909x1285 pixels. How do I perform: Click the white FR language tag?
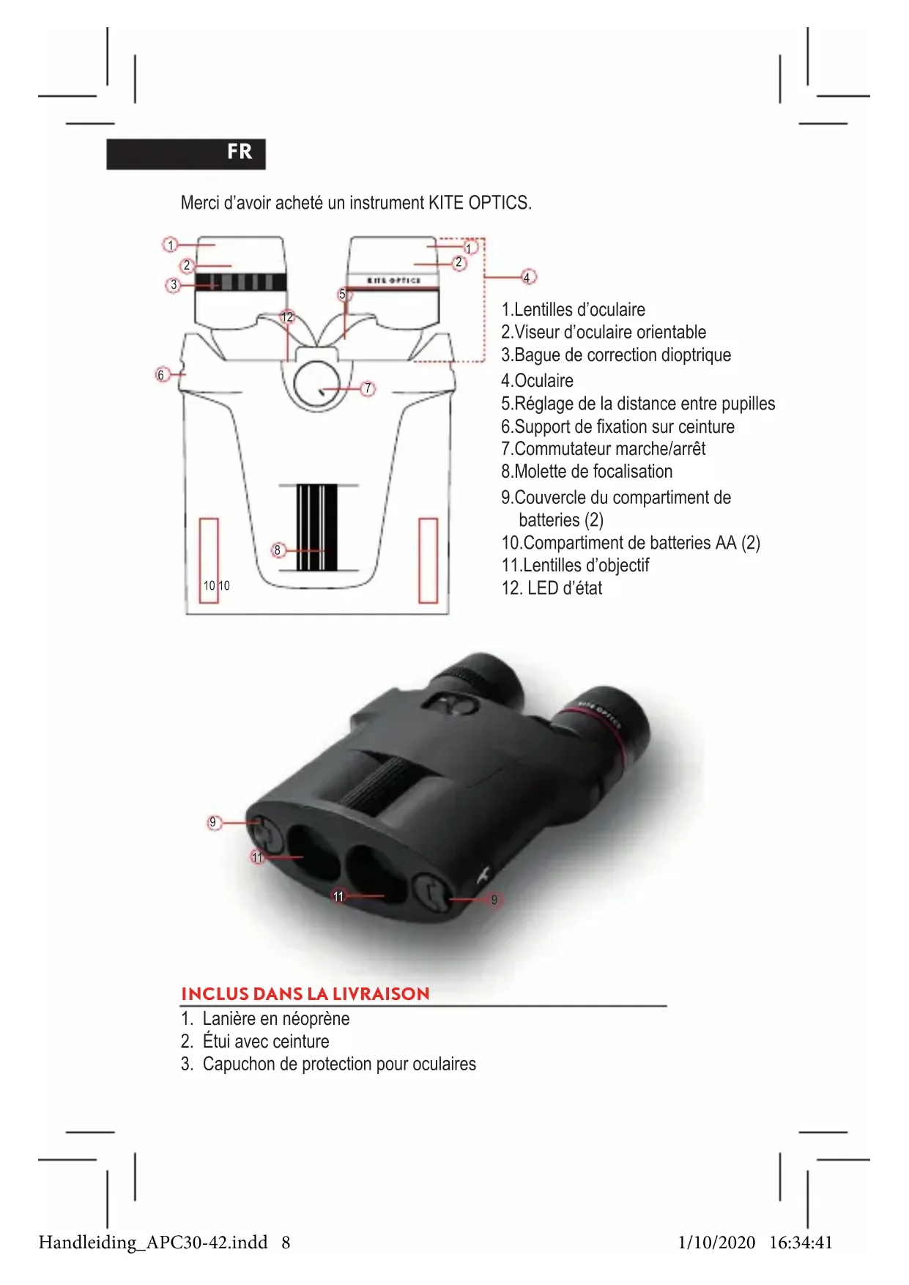(x=239, y=152)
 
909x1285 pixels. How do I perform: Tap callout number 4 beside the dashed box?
(x=527, y=277)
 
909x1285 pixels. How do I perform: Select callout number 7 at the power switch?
(x=368, y=388)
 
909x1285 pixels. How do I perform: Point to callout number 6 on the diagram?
(x=162, y=374)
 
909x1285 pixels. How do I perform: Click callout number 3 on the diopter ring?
(x=174, y=284)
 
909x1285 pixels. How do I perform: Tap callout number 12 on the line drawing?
(x=287, y=316)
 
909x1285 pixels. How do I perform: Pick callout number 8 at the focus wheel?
(x=278, y=549)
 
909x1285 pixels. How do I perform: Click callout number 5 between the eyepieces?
(x=343, y=294)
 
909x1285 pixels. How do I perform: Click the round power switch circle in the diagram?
(x=316, y=384)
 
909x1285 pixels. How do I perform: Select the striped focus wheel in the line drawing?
(x=317, y=527)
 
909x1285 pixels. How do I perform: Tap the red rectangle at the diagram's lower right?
(x=428, y=560)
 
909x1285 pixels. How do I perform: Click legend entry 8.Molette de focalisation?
(x=587, y=471)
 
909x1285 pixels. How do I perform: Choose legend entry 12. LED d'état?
(x=552, y=588)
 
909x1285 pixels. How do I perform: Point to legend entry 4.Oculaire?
(x=537, y=380)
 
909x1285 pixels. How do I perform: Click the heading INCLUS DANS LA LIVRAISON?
(x=305, y=993)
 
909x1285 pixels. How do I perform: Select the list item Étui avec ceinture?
(x=265, y=1041)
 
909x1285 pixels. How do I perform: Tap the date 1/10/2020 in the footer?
(x=716, y=1242)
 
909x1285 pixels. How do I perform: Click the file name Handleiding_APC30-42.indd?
(x=153, y=1242)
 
